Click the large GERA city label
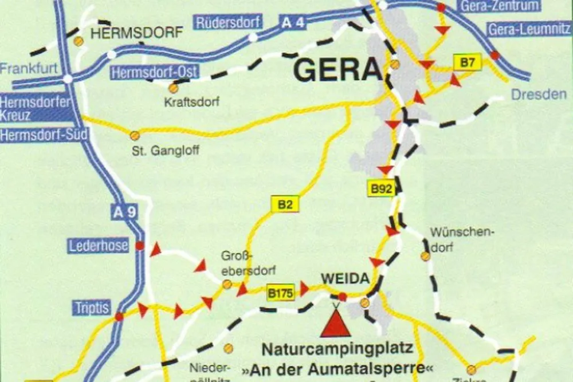coord(337,70)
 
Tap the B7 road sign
coord(467,62)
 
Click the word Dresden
coord(538,94)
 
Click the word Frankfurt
coord(29,69)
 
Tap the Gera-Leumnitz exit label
coord(528,30)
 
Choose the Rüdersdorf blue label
coord(229,22)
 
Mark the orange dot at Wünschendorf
coord(425,256)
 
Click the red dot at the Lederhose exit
coord(139,245)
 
